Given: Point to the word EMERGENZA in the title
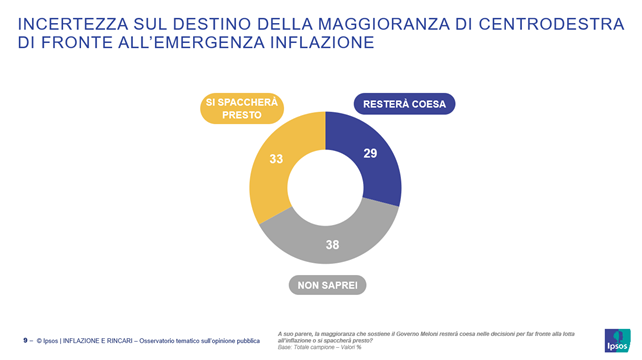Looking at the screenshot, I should click(x=206, y=43).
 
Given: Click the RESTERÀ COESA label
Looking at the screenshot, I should click(x=405, y=104).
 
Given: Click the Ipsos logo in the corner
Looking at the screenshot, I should click(x=618, y=340).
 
